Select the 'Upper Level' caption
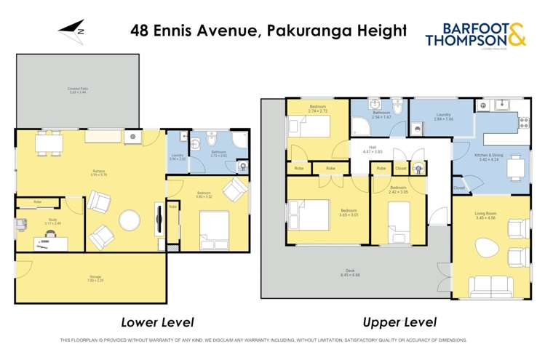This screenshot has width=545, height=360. click(x=400, y=321)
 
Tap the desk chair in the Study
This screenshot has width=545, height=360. click(x=52, y=234)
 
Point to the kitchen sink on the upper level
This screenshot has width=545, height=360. click(x=500, y=106)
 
